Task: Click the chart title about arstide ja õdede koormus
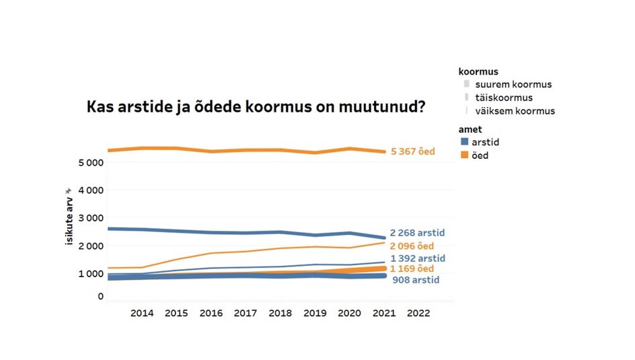tap(256, 107)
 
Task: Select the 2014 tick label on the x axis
tap(142, 313)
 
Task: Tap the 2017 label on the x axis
tap(246, 313)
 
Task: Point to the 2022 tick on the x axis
tap(419, 313)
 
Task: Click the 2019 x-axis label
tap(315, 313)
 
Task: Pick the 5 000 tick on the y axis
tap(90, 163)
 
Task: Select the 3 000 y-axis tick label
tap(90, 218)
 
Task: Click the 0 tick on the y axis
tap(101, 296)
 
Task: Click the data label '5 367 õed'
tap(412, 152)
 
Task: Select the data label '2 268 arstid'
tap(417, 233)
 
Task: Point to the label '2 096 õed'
tap(412, 246)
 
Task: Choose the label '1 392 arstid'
tap(418, 258)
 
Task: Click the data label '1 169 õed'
tap(412, 269)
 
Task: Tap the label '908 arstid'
tap(416, 280)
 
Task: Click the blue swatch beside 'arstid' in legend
tap(465, 142)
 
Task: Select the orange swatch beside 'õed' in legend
tap(465, 155)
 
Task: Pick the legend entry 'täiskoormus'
tap(503, 98)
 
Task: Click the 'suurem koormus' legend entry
tap(513, 85)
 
